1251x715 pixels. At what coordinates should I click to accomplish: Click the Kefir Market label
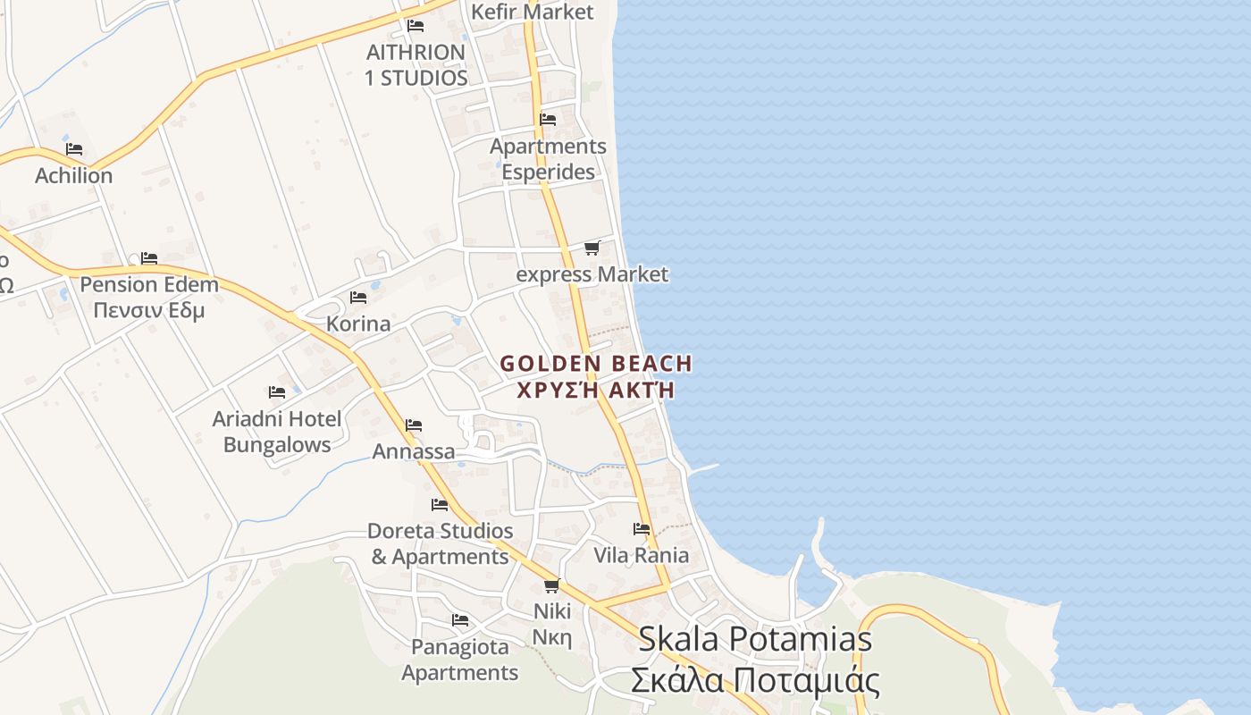pyautogui.click(x=532, y=12)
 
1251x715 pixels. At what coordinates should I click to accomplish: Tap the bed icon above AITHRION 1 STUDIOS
pyautogui.click(x=416, y=26)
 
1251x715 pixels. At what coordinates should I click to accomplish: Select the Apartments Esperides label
pyautogui.click(x=548, y=159)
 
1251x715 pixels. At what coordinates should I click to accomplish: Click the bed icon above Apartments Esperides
pyautogui.click(x=548, y=120)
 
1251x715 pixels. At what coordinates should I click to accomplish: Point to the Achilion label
pyautogui.click(x=74, y=176)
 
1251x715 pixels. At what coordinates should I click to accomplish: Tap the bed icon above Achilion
pyautogui.click(x=74, y=148)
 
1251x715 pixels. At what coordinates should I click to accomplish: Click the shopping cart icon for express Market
pyautogui.click(x=592, y=248)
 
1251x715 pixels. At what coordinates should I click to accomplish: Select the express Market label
pyautogui.click(x=592, y=274)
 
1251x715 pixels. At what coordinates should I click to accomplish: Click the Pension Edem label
pyautogui.click(x=149, y=285)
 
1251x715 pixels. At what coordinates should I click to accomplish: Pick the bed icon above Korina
pyautogui.click(x=358, y=297)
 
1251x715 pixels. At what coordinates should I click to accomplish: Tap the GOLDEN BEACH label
pyautogui.click(x=596, y=364)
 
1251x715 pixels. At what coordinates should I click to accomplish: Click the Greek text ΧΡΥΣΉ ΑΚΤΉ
pyautogui.click(x=596, y=391)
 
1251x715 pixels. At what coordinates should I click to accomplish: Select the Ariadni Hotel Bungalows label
pyautogui.click(x=277, y=432)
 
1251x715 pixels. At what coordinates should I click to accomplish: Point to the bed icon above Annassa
pyautogui.click(x=414, y=425)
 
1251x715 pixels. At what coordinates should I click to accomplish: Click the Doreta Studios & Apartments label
pyautogui.click(x=440, y=543)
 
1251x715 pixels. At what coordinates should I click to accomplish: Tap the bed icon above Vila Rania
pyautogui.click(x=642, y=529)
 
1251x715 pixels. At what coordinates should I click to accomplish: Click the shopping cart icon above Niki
pyautogui.click(x=551, y=585)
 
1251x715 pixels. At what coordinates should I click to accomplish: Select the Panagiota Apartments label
pyautogui.click(x=460, y=660)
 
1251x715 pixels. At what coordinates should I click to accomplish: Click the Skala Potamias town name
pyautogui.click(x=755, y=639)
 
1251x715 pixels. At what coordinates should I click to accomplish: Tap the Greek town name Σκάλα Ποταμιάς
pyautogui.click(x=755, y=680)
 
